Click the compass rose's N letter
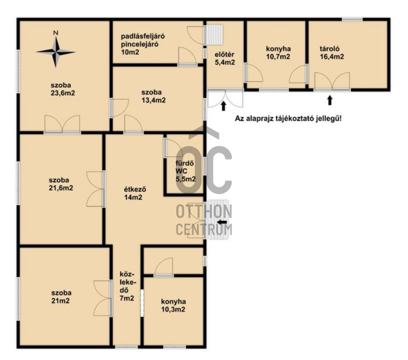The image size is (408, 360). tap(56, 33)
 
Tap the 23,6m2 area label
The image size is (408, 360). tap(63, 93)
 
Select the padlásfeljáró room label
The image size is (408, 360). tap(143, 36)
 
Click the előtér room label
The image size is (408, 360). tap(224, 54)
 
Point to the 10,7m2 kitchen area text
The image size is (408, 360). tap(278, 57)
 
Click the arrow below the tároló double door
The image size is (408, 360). tap(330, 100)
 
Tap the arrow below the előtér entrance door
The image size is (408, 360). tap(223, 106)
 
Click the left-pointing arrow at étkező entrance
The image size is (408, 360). tap(222, 222)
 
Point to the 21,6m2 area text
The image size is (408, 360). tap(61, 188)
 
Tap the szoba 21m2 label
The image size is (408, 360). tap(61, 297)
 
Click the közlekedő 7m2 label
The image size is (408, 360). tap(127, 287)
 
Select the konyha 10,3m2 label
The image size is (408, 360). tap(173, 306)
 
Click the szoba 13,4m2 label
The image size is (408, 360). tap(154, 96)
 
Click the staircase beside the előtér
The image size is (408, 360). tap(215, 34)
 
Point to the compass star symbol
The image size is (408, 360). tap(56, 52)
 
